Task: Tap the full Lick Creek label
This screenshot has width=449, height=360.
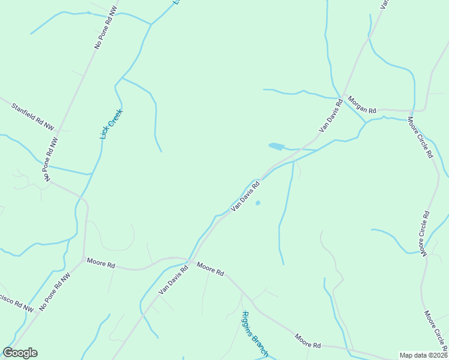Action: [112, 124]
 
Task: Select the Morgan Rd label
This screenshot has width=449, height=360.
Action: [362, 106]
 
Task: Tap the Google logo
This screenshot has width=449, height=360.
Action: [20, 353]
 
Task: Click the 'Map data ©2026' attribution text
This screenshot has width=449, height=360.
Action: [423, 355]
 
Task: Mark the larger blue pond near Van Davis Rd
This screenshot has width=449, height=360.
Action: [276, 146]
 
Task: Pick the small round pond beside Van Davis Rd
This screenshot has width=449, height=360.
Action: [258, 203]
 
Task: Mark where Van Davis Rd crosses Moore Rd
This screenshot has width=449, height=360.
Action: [190, 260]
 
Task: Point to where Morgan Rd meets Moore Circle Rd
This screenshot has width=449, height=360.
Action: [412, 111]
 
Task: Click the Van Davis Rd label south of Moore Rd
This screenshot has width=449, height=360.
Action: [173, 280]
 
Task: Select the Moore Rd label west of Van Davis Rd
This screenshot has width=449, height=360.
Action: [101, 262]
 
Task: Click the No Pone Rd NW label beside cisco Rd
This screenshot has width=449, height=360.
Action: [55, 292]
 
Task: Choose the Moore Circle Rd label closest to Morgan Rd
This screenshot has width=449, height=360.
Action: [420, 137]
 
